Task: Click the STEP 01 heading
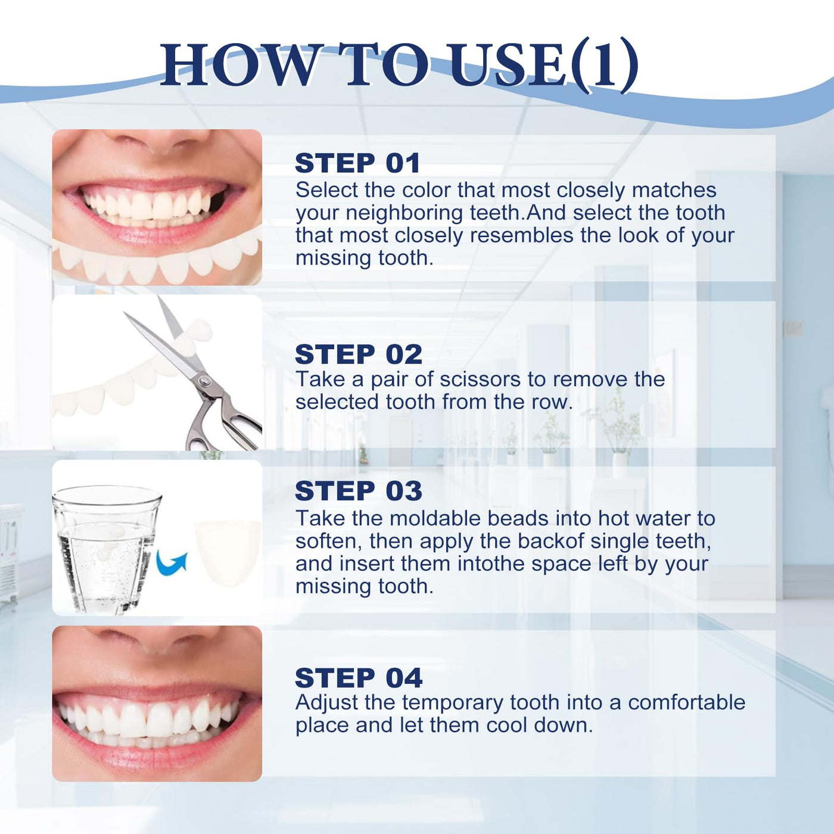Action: tap(357, 163)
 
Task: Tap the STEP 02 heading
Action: tap(359, 354)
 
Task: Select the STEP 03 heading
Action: tap(359, 491)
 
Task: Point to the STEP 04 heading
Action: tap(359, 678)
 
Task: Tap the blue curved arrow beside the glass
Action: tap(172, 562)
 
